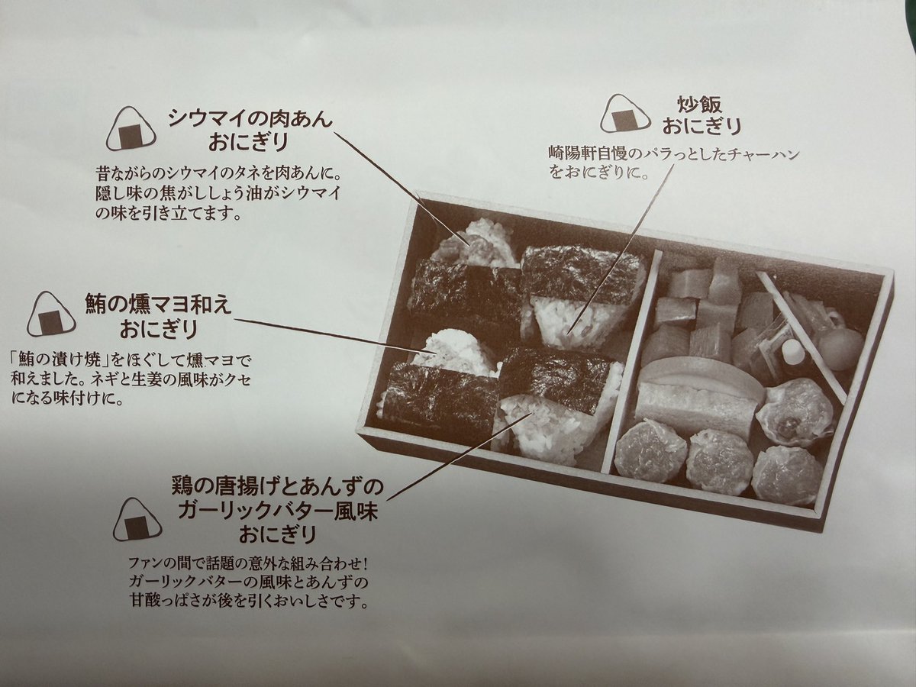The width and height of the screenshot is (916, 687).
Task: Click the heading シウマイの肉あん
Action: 250,118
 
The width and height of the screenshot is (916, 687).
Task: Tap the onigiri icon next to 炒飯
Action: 625,114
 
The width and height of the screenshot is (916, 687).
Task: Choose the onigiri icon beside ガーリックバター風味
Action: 137,519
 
